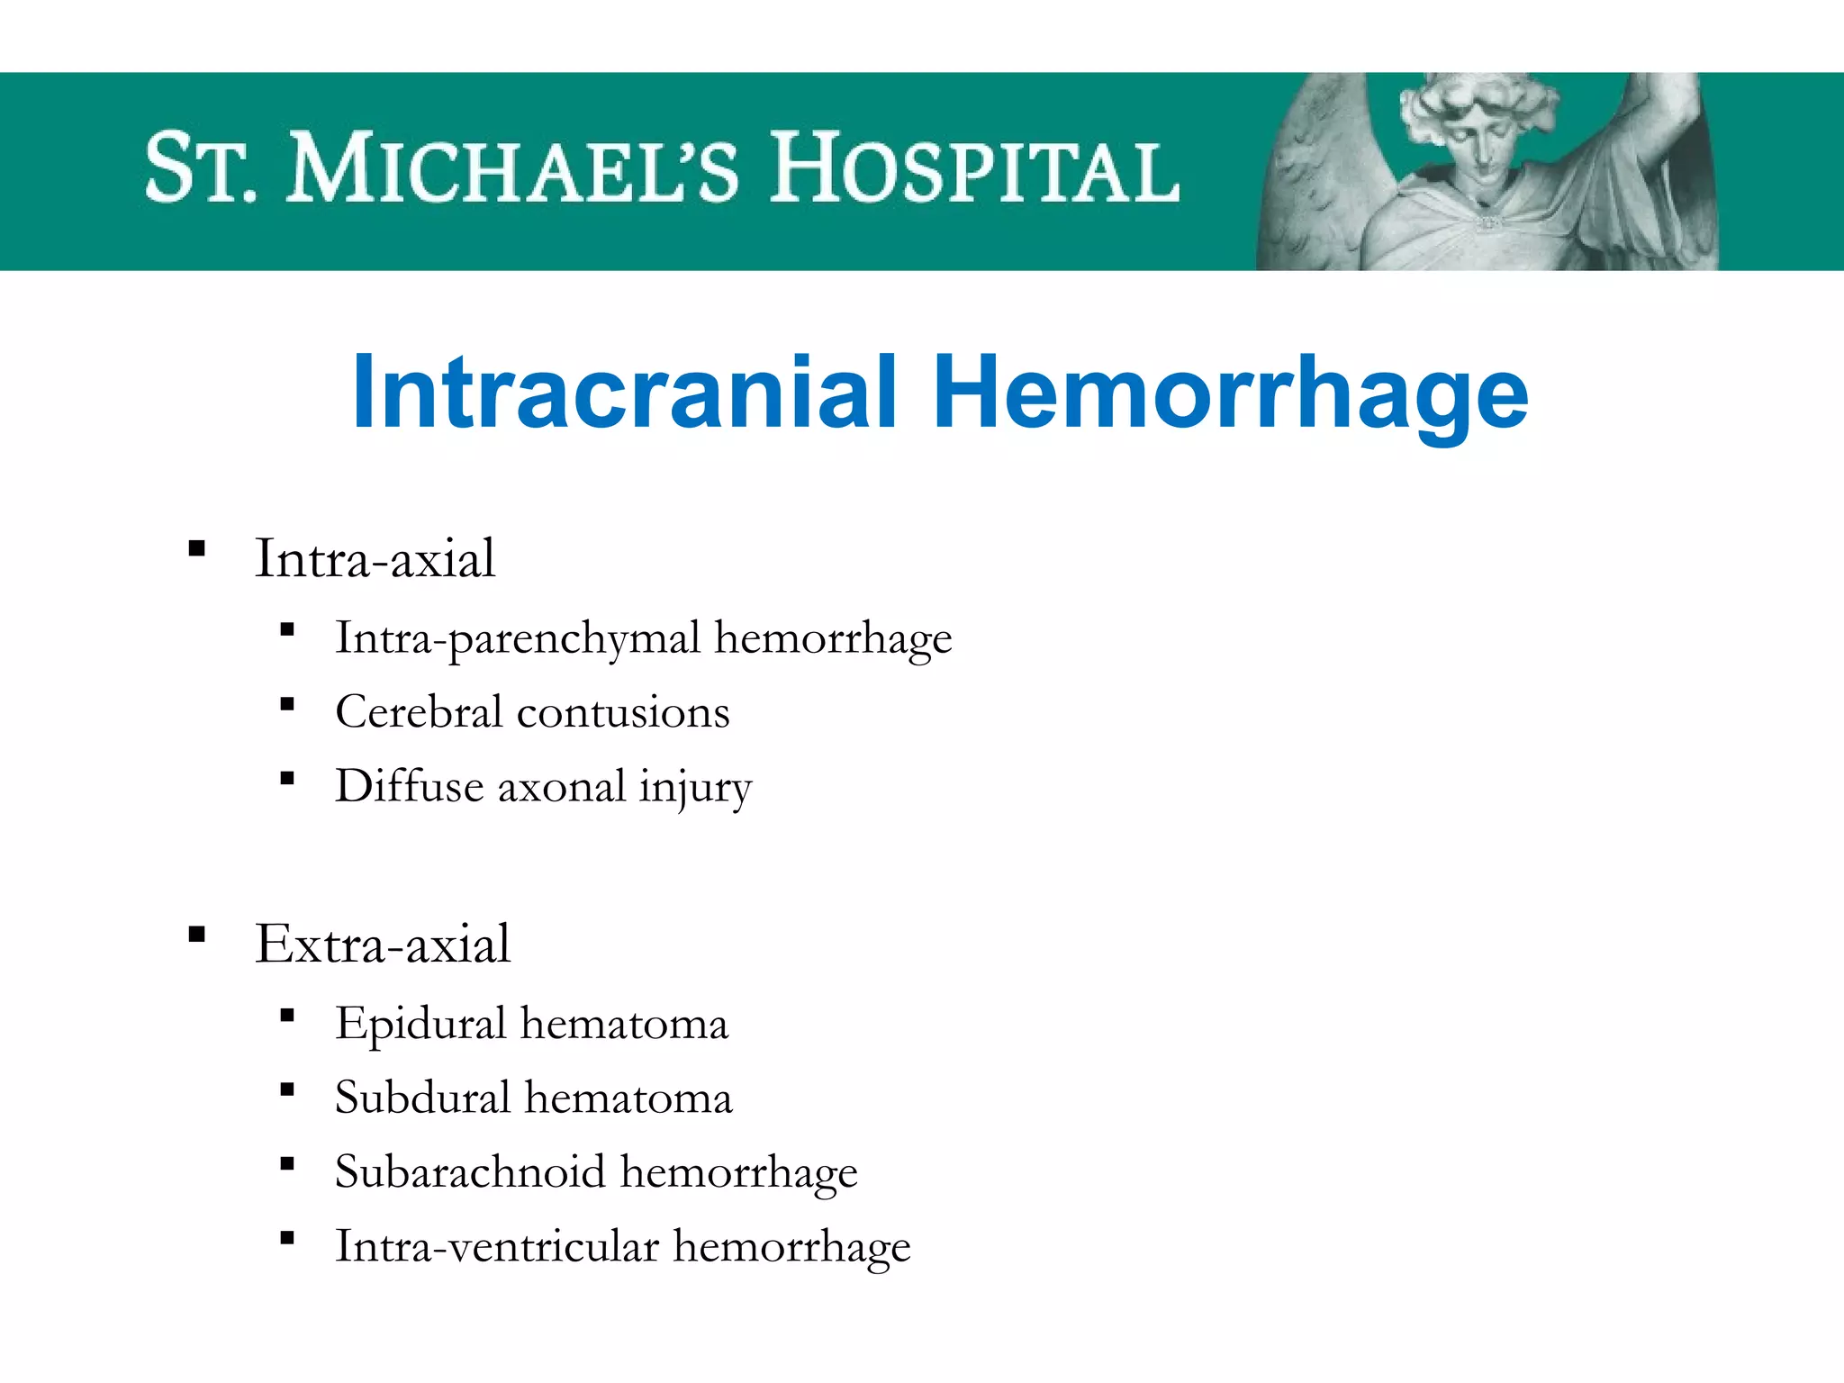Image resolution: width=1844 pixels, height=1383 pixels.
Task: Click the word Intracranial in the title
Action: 625,393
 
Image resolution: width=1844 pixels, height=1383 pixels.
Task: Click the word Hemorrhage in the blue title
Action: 1230,393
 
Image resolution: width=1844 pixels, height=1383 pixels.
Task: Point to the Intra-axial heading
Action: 375,558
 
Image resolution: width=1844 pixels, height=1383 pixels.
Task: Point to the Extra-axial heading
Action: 383,944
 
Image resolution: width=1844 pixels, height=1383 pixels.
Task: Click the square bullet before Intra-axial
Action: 197,548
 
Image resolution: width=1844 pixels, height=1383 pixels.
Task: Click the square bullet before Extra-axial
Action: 197,934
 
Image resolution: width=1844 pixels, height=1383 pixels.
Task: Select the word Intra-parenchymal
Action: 517,638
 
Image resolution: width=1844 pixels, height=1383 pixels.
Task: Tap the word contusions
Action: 623,712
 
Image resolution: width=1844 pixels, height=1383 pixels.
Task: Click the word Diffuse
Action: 410,786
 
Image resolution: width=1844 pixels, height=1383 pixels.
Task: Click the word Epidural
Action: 420,1025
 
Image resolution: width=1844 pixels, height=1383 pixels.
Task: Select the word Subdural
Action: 422,1098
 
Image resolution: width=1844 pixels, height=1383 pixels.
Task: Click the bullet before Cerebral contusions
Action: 287,704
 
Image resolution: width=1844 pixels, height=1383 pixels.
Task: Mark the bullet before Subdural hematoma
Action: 287,1090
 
